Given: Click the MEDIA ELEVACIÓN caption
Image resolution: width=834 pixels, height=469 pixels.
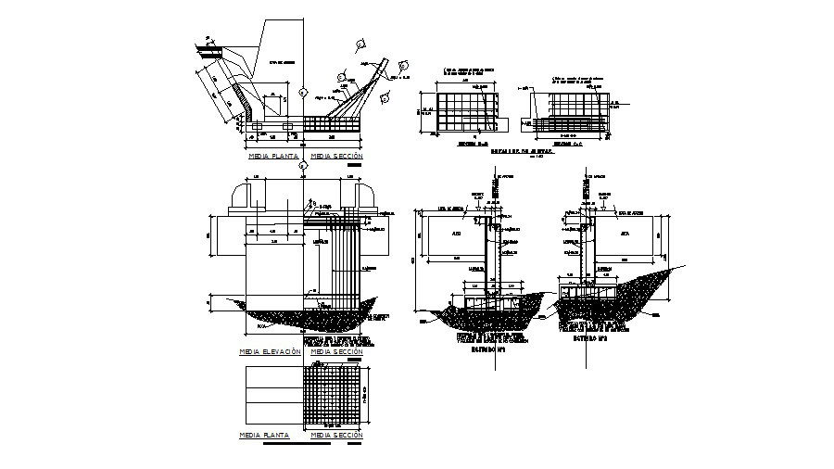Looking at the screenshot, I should (270, 352).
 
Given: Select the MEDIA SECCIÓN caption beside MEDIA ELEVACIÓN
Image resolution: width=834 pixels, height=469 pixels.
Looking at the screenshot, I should (336, 352).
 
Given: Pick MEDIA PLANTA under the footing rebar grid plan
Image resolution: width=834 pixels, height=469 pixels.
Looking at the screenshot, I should (264, 434).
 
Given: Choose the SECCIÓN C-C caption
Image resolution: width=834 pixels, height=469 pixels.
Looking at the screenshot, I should (567, 146).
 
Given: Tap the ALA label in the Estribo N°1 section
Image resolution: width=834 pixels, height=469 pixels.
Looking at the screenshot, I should (458, 234).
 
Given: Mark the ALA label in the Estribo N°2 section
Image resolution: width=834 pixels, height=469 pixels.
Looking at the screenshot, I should (625, 234).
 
